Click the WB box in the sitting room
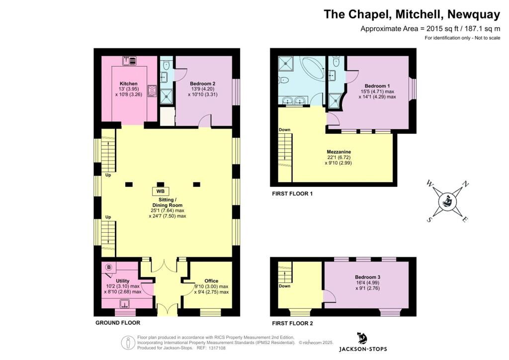pyautogui.click(x=161, y=191)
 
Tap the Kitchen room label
pyautogui.click(x=128, y=84)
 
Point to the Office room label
pyautogui.click(x=211, y=281)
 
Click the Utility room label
pyautogui.click(x=122, y=281)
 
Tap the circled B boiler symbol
pyautogui.click(x=108, y=268)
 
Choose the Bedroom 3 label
pyautogui.click(x=368, y=277)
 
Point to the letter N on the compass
pyautogui.click(x=465, y=183)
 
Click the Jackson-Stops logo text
pyautogui.click(x=363, y=349)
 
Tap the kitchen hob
pyautogui.click(x=152, y=90)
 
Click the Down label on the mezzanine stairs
pyautogui.click(x=284, y=130)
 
